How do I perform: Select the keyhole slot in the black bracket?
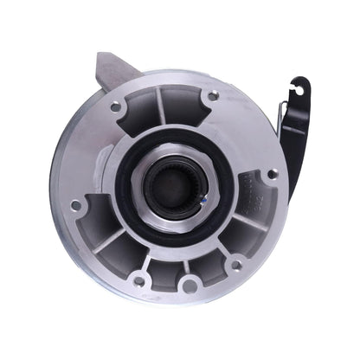tap(299, 87)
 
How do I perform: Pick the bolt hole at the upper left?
tap(115, 106)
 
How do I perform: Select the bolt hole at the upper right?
tap(212, 95)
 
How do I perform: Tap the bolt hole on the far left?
tap(76, 205)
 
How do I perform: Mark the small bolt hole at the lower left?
tap(138, 280)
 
